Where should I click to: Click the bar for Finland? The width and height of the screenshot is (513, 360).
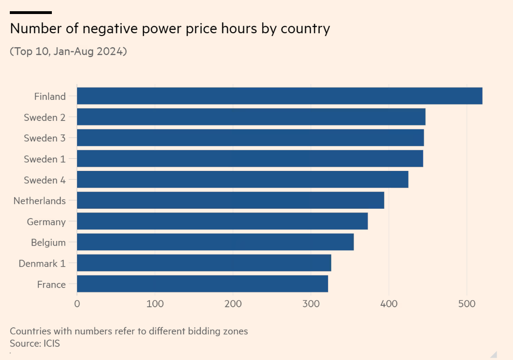279,96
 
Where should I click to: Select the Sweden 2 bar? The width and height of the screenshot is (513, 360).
251,117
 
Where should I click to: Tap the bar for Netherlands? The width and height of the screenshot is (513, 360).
230,201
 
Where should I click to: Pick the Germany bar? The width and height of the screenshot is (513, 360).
222,221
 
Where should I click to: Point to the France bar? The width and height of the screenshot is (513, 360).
202,284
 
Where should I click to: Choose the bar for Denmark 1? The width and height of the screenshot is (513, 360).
204,263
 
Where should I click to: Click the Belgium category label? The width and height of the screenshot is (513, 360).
48,243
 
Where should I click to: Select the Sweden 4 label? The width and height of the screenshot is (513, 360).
45,180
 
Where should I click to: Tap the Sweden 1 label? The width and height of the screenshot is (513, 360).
45,159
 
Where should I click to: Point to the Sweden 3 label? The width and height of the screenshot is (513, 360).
45,138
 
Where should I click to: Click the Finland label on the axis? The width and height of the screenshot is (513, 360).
50,97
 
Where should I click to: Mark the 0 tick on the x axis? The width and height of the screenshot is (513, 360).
77,304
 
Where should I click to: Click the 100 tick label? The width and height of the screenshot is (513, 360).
155,304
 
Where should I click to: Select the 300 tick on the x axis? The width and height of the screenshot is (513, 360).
311,304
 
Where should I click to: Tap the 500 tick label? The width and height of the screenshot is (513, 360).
467,304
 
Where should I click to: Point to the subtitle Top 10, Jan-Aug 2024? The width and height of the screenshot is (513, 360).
68,51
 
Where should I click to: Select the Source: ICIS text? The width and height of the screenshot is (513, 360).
35,344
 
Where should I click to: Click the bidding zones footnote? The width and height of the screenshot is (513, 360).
128,332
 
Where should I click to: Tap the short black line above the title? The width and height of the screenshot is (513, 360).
31,13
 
